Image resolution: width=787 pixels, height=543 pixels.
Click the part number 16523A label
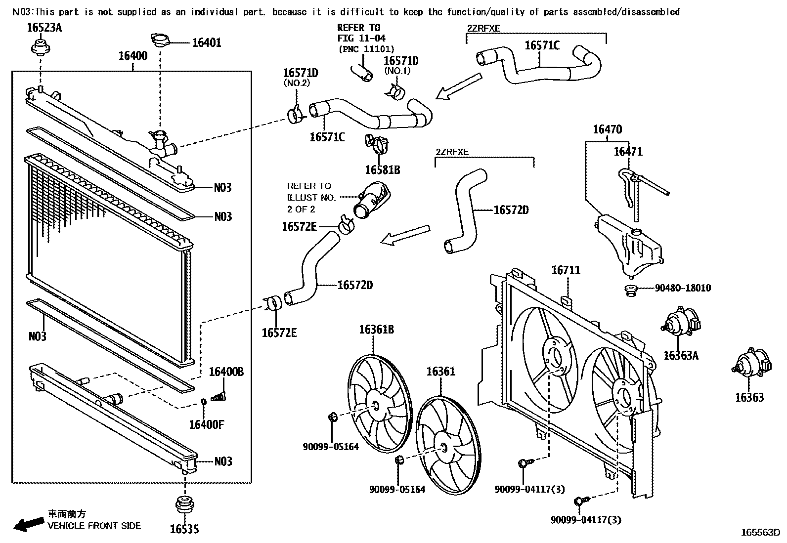coord(44,28)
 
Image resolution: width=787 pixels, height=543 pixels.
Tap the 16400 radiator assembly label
coord(132,56)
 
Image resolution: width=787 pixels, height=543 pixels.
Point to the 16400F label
coord(207,424)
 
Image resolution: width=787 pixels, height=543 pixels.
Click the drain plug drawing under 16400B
coord(218,396)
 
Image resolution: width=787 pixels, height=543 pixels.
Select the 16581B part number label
coord(382,170)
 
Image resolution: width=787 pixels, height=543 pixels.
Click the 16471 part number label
coord(628,152)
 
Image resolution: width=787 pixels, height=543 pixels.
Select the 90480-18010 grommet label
coord(683,288)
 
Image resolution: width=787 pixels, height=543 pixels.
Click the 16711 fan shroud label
coord(566,271)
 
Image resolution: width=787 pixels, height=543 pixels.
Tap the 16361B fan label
coord(376,330)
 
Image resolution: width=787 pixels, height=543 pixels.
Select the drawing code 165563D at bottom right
coord(760,533)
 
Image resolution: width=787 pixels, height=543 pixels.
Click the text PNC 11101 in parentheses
coord(366,49)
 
